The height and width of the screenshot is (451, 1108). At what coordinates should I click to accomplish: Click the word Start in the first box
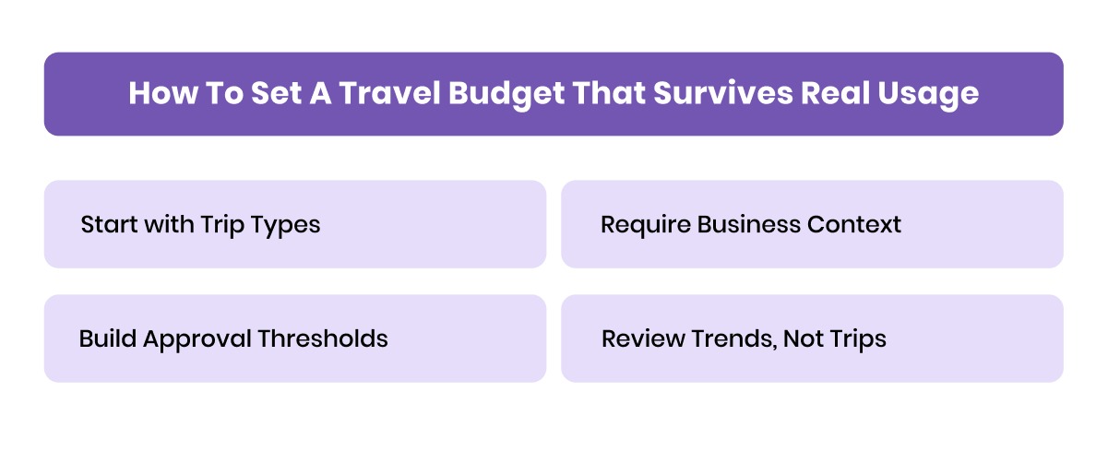point(106,224)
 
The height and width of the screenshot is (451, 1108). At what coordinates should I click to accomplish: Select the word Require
point(645,224)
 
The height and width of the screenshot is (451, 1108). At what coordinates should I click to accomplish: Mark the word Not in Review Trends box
point(801,338)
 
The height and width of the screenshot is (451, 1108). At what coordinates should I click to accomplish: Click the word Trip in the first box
point(221,225)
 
